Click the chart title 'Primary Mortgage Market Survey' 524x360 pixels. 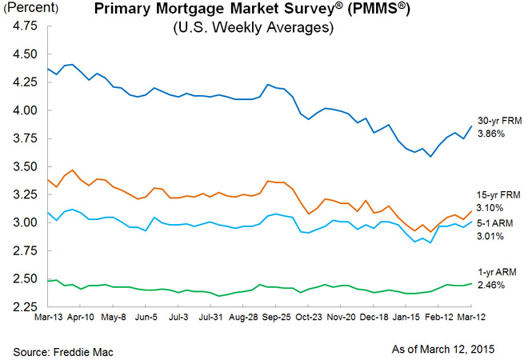[x=240, y=10]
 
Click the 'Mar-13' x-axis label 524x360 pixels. [x=48, y=318]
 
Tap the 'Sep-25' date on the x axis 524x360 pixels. [x=275, y=318]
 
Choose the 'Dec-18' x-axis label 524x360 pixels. [x=374, y=318]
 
